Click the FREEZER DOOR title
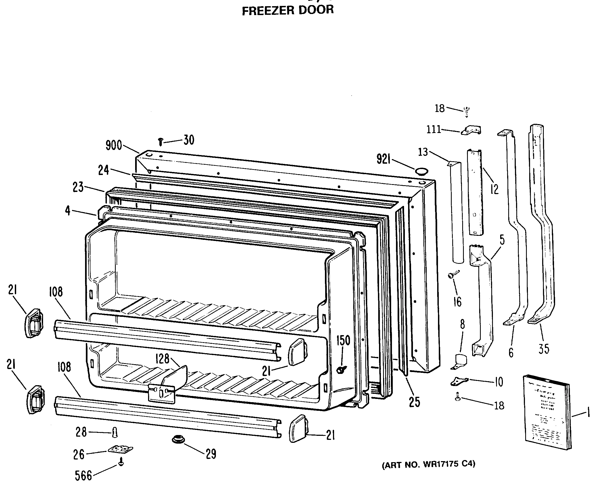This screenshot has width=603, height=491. tap(288, 10)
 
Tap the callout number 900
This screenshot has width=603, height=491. tap(114, 145)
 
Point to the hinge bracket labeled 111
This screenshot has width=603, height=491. tap(471, 131)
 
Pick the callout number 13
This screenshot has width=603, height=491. tap(423, 152)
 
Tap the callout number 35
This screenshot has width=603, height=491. tap(544, 349)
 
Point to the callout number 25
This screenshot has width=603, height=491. tap(414, 402)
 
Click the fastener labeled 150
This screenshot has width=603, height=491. tap(342, 369)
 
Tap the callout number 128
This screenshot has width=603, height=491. tap(162, 359)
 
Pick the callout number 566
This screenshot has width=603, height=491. tap(83, 476)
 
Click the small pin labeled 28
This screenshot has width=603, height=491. tap(115, 432)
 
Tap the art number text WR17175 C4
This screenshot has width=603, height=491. tap(428, 465)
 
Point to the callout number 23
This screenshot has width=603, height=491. tap(78, 187)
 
